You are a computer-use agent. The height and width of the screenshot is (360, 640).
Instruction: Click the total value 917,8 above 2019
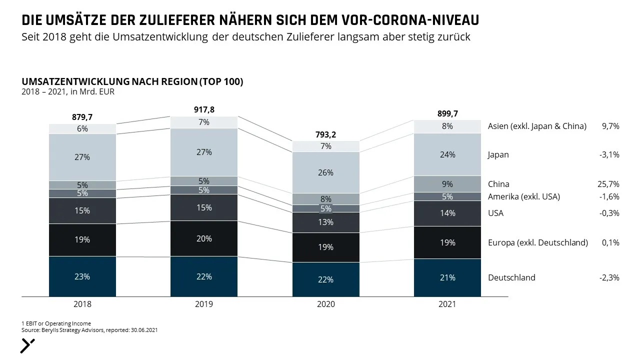[204, 109]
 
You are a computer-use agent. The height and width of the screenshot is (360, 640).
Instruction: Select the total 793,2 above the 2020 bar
[325, 134]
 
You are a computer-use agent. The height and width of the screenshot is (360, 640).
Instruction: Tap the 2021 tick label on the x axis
[447, 304]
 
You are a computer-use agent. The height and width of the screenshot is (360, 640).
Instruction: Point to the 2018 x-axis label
[82, 304]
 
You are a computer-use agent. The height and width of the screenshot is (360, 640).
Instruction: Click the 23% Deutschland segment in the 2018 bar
[82, 276]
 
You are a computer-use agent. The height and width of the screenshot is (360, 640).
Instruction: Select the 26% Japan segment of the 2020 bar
[325, 172]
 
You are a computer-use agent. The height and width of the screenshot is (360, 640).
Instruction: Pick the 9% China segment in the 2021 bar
[447, 184]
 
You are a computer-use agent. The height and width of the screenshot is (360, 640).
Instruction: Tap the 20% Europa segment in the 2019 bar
[204, 238]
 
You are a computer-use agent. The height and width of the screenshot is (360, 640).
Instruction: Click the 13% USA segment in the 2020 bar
[325, 222]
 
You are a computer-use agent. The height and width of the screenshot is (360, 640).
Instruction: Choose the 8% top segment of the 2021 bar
[447, 126]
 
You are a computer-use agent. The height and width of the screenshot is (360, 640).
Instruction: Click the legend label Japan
[498, 155]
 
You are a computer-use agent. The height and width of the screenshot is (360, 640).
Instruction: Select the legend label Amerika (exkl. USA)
[523, 196]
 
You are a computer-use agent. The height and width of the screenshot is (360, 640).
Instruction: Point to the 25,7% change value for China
[608, 184]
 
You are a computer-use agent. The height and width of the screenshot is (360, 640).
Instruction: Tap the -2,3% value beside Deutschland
[609, 277]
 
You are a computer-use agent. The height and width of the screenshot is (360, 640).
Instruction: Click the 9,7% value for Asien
[610, 126]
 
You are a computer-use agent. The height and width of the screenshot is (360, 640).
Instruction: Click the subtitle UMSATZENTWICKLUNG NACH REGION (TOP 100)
[132, 81]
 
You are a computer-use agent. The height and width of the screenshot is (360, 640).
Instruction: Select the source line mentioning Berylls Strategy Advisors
[89, 330]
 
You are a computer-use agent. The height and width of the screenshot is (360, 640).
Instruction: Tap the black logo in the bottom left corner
[27, 346]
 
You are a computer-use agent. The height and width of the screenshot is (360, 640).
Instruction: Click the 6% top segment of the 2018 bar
[82, 129]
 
